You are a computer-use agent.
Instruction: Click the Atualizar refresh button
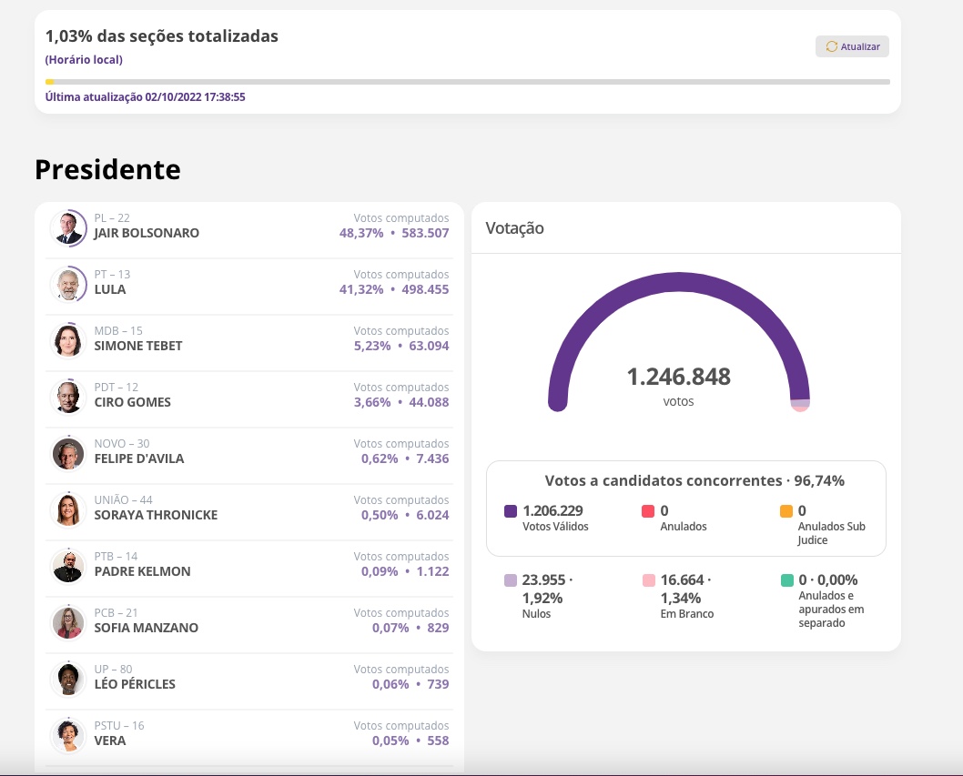coord(852,46)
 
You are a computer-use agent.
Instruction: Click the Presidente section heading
coord(107,169)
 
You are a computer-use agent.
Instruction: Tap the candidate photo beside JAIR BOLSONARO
coord(68,228)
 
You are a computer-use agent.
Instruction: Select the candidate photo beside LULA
coord(68,284)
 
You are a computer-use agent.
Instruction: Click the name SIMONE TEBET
coord(138,346)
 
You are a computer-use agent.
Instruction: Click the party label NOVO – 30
coord(122,444)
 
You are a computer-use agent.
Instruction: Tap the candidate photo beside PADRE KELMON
coord(68,566)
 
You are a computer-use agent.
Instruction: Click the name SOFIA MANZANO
coord(146,628)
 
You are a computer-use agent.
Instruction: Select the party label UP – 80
coord(113,670)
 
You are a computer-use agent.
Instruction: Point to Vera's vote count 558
coord(438,741)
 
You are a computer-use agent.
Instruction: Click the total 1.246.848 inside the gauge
coord(678,377)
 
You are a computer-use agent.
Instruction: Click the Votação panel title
coord(514,228)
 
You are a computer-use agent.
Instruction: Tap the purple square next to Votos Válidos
coord(511,511)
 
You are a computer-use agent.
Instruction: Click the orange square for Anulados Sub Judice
coord(786,511)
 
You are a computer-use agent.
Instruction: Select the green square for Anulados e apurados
coord(786,580)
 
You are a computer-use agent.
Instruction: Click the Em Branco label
coord(686,614)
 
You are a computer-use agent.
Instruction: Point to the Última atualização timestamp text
coord(146,96)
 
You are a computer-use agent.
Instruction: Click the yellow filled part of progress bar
coord(49,82)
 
